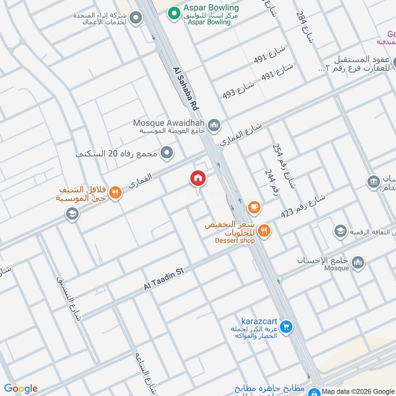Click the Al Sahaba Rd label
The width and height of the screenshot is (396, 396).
coord(186,89)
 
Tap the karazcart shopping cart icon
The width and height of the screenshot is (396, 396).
coord(286,327)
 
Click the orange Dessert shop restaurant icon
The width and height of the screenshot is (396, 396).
coord(265,230)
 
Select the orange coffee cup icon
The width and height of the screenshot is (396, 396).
coord(254,207)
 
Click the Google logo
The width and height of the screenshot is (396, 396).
coord(21,389)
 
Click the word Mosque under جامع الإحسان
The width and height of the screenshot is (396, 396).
coord(337,268)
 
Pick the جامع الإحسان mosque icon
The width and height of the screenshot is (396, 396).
coord(358,262)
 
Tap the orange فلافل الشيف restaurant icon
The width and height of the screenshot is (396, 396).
coord(115,193)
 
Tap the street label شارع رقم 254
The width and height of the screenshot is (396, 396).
coord(284,166)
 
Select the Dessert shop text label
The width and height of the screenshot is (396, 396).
coord(235,241)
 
